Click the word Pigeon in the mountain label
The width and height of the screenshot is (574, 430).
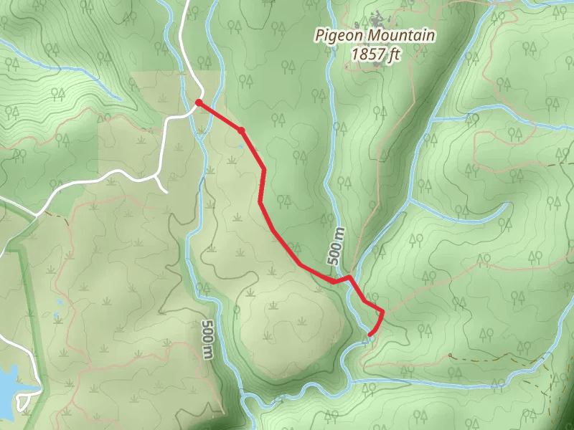(x=335, y=35)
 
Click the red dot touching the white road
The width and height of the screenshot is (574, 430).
(x=199, y=102)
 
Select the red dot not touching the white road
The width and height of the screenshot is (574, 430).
(x=242, y=130)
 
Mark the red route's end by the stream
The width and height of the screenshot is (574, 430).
(x=370, y=334)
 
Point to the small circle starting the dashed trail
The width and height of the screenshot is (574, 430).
(x=450, y=355)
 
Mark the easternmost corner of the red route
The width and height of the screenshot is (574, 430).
(x=382, y=312)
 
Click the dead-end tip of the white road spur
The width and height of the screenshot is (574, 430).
(x=166, y=191)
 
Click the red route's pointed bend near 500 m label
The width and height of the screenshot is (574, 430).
(x=349, y=277)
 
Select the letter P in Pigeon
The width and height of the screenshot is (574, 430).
(x=321, y=34)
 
